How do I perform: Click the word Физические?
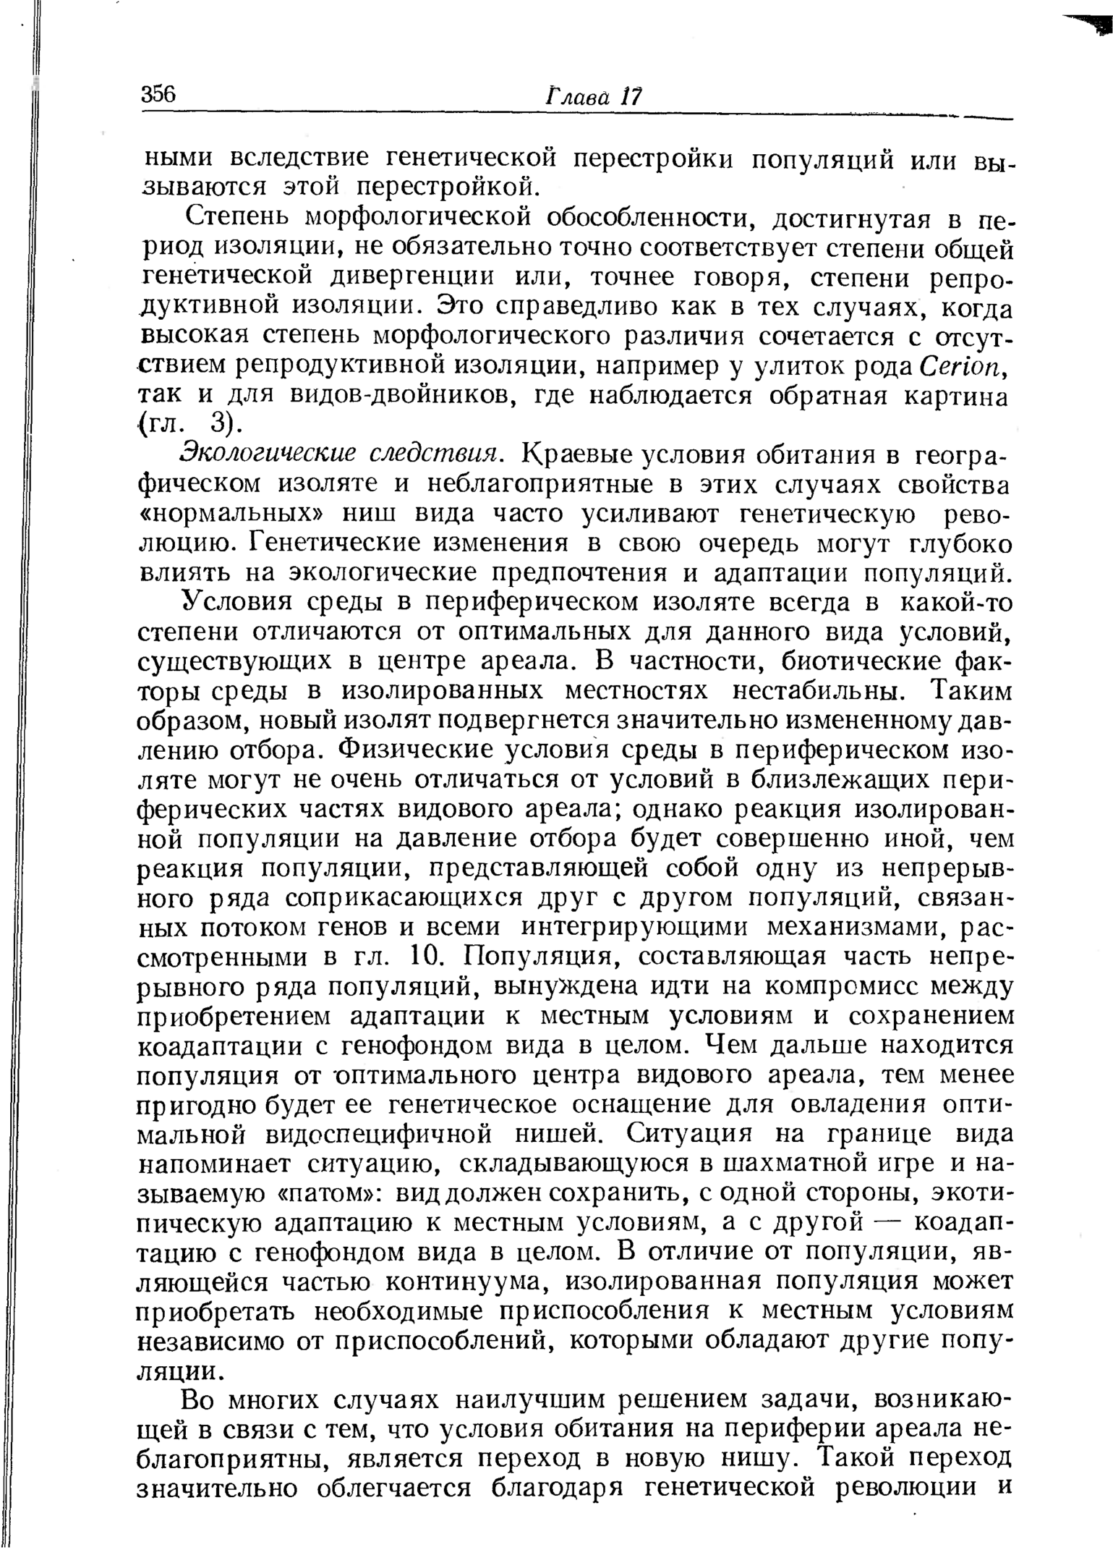pyautogui.click(x=411, y=750)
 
